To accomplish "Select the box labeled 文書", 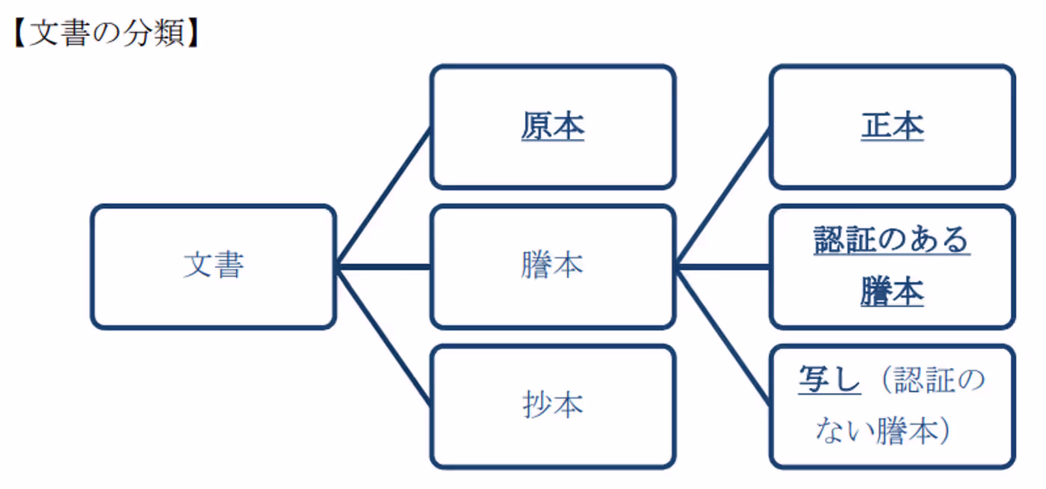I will (214, 266).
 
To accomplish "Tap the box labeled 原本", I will (552, 126).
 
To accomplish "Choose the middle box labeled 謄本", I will (552, 266).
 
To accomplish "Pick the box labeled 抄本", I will (552, 406).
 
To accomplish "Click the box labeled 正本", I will (892, 126).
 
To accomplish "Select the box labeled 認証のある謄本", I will (892, 266).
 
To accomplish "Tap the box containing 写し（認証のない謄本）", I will (892, 406).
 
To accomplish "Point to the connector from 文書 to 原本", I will (383, 197).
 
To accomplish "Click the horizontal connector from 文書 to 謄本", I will (383, 266).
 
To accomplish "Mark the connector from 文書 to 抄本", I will (383, 336).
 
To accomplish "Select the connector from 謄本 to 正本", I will (722, 197).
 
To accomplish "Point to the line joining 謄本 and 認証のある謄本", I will (722, 266).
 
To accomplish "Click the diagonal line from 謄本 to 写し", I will (722, 336).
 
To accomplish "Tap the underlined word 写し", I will (829, 381).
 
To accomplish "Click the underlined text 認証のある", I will (891, 241).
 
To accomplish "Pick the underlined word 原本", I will (552, 127).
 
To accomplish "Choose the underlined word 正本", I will (892, 127).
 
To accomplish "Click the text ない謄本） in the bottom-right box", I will (882, 431).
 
